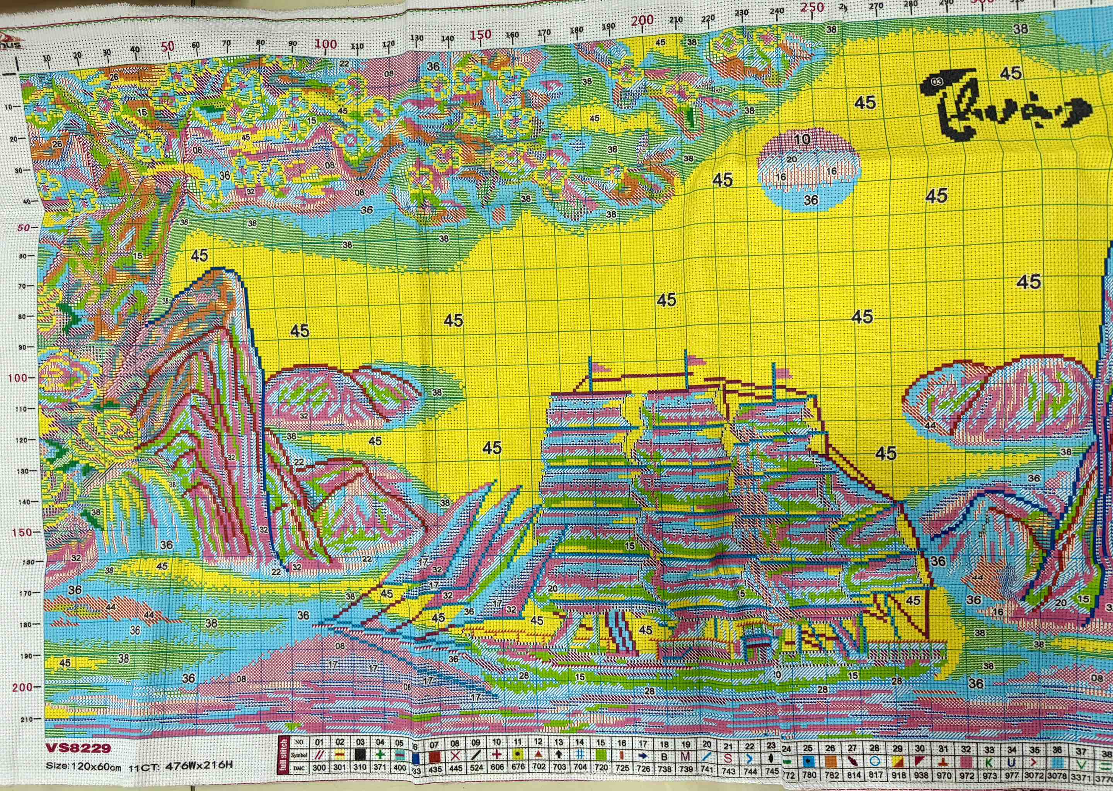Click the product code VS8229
pos(78,748)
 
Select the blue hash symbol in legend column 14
pos(580,755)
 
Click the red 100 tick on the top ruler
pos(326,44)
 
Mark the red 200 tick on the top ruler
pos(642,20)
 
